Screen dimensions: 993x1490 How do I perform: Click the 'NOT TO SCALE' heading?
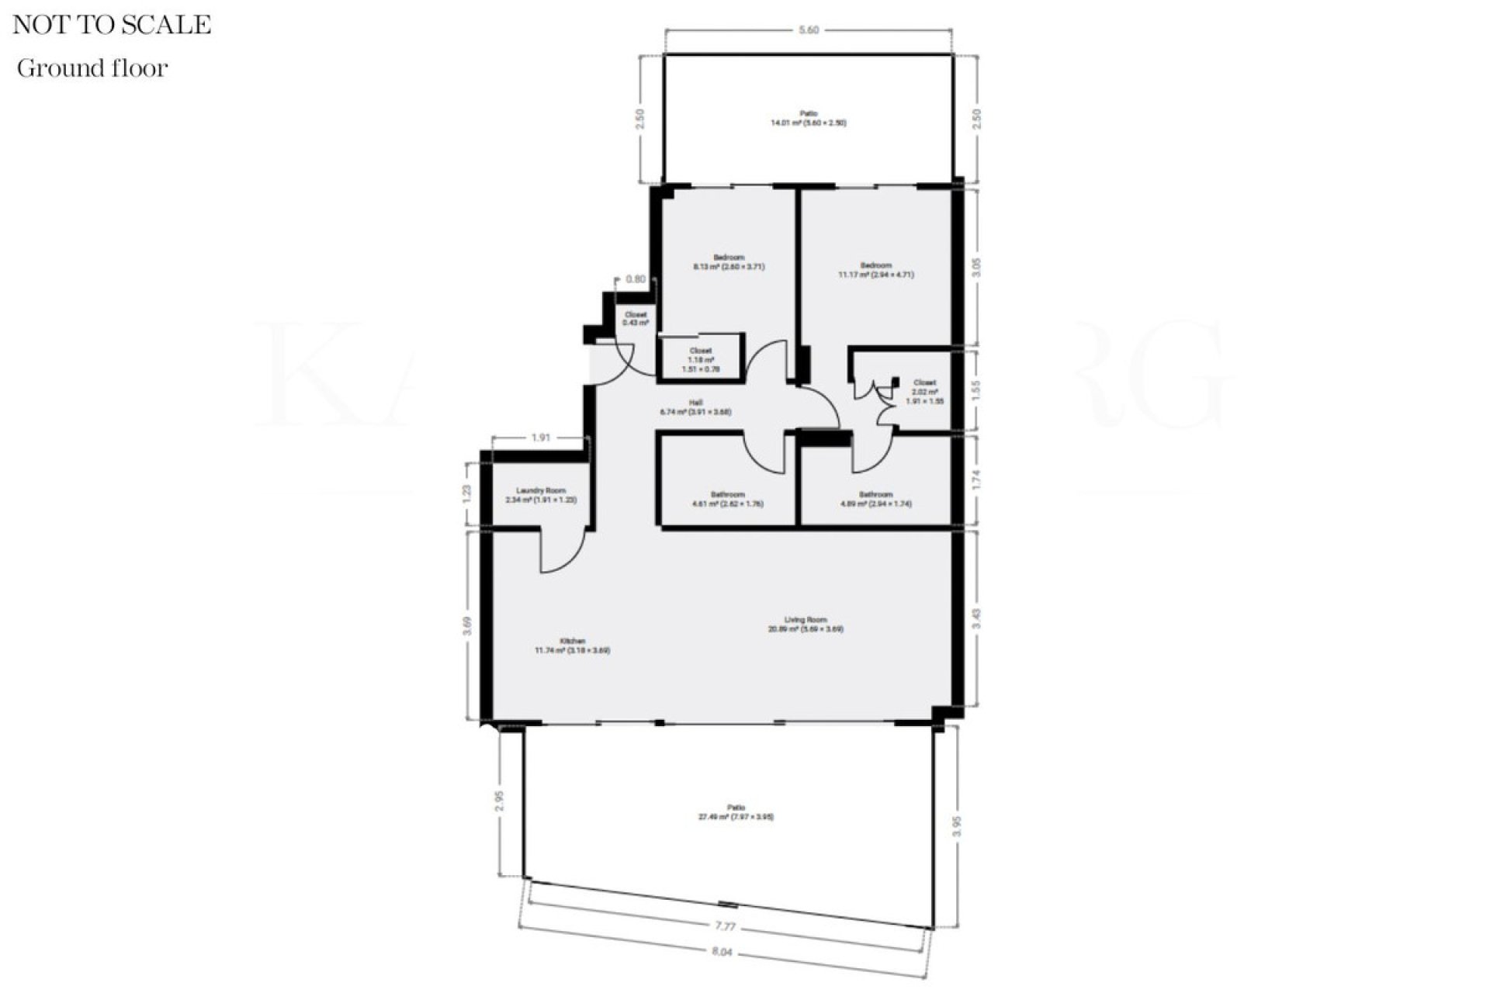112,25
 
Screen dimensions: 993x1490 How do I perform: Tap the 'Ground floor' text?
92,68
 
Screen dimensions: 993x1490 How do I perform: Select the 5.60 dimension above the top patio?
809,30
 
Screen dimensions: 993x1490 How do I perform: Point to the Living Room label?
806,625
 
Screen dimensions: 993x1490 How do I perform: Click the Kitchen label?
573,645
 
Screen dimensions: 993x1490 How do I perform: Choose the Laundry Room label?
540,495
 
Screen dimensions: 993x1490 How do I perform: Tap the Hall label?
695,407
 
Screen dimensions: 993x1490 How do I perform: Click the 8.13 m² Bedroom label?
729,262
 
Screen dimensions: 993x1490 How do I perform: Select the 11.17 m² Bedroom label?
876,270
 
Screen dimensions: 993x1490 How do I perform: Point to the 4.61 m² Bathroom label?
727,499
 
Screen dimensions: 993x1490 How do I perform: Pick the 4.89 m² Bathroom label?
876,499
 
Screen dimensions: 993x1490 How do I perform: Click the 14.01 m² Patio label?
808,118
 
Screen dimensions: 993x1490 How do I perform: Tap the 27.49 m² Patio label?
736,812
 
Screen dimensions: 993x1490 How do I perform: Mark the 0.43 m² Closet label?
636,318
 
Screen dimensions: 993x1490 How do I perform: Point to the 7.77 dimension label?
725,926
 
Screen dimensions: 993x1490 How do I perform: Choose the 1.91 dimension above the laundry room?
541,438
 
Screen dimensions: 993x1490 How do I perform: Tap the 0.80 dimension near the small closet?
635,279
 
